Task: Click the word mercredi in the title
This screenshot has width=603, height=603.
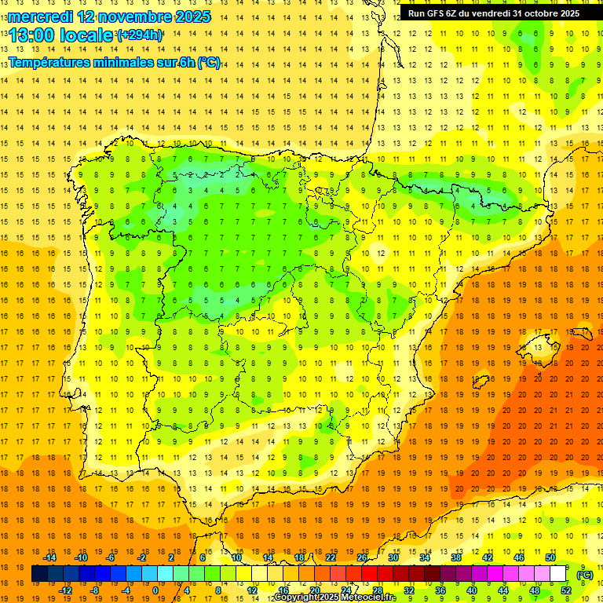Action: click(x=36, y=16)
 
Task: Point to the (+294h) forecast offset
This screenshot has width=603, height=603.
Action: click(x=140, y=35)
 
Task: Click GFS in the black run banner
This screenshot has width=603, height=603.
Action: click(x=437, y=13)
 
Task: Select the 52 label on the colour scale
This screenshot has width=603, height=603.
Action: click(x=566, y=590)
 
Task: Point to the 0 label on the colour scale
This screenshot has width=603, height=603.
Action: click(x=155, y=590)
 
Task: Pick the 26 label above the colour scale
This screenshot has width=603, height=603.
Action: click(x=362, y=557)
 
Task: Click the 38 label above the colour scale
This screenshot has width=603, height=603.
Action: click(x=456, y=557)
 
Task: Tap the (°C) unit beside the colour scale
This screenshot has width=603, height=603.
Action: click(x=584, y=574)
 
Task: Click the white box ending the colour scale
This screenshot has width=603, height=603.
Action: click(x=558, y=574)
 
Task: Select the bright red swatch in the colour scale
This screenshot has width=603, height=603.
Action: click(x=369, y=574)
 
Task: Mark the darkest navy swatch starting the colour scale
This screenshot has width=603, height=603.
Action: click(x=39, y=574)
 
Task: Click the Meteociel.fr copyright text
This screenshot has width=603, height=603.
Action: click(x=335, y=598)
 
